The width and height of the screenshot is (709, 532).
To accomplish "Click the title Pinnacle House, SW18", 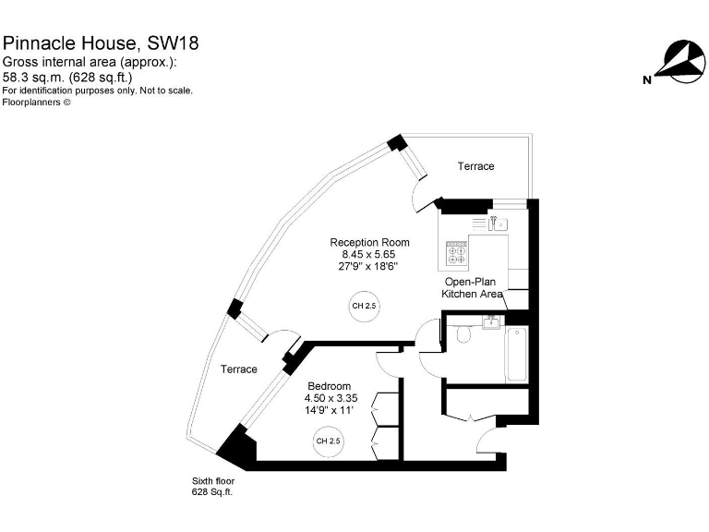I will [x=101, y=42].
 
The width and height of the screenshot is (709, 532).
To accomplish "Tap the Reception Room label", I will [x=369, y=242].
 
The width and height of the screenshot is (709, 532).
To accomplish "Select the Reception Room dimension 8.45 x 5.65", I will [x=369, y=254].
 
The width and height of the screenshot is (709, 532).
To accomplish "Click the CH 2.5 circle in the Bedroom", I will [x=329, y=441].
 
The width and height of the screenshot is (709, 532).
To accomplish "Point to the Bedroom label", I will [x=329, y=386].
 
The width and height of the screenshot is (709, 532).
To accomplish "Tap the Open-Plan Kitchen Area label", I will [x=474, y=287].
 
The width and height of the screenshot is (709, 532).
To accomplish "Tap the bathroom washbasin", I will [x=492, y=321].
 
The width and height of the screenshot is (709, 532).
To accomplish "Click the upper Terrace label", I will [x=476, y=166].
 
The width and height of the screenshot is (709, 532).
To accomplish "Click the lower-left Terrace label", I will [x=239, y=369].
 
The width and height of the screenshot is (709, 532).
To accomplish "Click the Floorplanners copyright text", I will [x=37, y=103].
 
